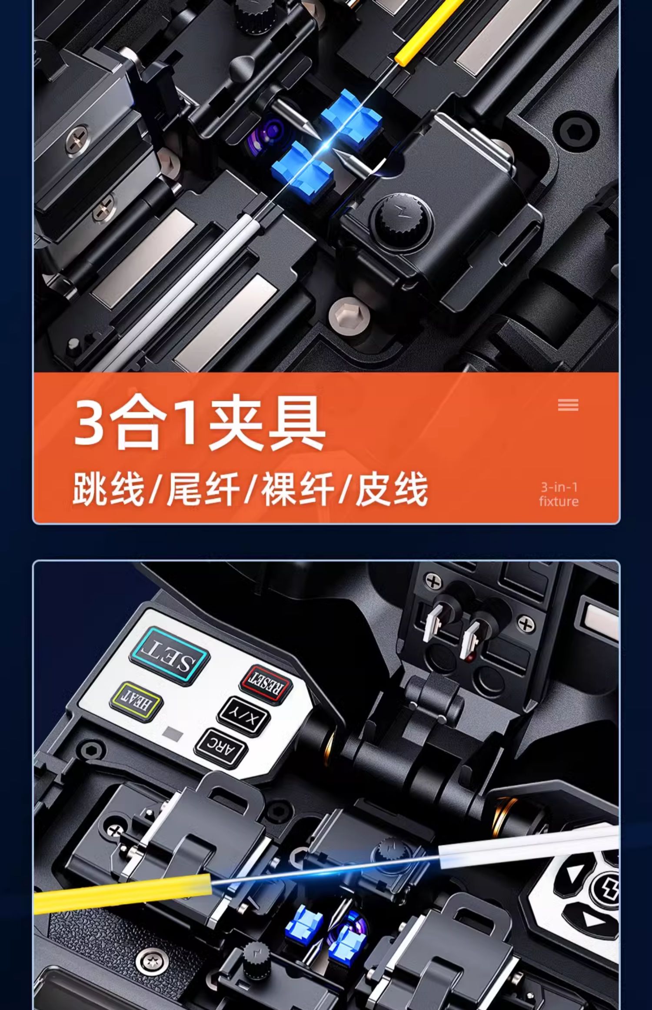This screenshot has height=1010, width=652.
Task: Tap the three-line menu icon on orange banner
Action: [568, 405]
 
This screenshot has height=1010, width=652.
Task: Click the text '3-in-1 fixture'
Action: [559, 494]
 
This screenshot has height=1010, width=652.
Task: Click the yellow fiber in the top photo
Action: [429, 33]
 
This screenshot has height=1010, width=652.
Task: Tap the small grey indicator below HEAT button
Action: [173, 734]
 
